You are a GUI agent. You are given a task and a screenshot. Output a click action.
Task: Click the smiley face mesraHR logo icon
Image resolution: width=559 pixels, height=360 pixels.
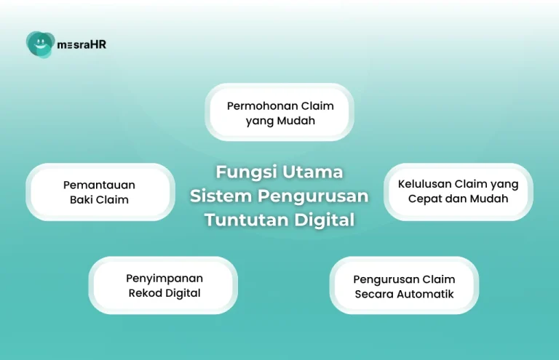pos(40,44)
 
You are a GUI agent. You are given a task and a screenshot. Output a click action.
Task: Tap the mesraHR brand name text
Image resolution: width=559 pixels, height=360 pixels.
pos(82,44)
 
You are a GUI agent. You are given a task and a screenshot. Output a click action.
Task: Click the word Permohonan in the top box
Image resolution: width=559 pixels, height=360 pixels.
pos(262,105)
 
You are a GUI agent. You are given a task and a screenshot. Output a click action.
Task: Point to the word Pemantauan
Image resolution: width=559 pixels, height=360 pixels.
pos(99,185)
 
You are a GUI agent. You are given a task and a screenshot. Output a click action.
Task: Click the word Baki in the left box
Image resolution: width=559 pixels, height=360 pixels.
pos(82,200)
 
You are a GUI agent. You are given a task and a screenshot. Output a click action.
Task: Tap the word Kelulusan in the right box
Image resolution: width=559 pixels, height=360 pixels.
pos(424,184)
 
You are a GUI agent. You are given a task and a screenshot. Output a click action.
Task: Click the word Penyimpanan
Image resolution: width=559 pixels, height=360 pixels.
pos(164,279)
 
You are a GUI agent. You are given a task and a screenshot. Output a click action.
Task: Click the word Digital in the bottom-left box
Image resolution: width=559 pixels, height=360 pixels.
pos(183,293)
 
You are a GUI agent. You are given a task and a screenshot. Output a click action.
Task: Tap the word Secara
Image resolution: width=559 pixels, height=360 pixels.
pos(374,294)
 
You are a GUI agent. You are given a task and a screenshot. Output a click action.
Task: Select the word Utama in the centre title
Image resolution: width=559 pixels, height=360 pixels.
pos(312,172)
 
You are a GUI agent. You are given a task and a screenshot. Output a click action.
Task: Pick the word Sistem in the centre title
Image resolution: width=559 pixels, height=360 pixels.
pos(221,196)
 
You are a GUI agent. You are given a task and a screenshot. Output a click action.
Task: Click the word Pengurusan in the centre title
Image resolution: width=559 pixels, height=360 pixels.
pos(313,196)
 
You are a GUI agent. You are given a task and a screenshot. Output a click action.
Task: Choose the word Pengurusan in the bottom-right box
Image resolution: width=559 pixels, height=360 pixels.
pos(386,279)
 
